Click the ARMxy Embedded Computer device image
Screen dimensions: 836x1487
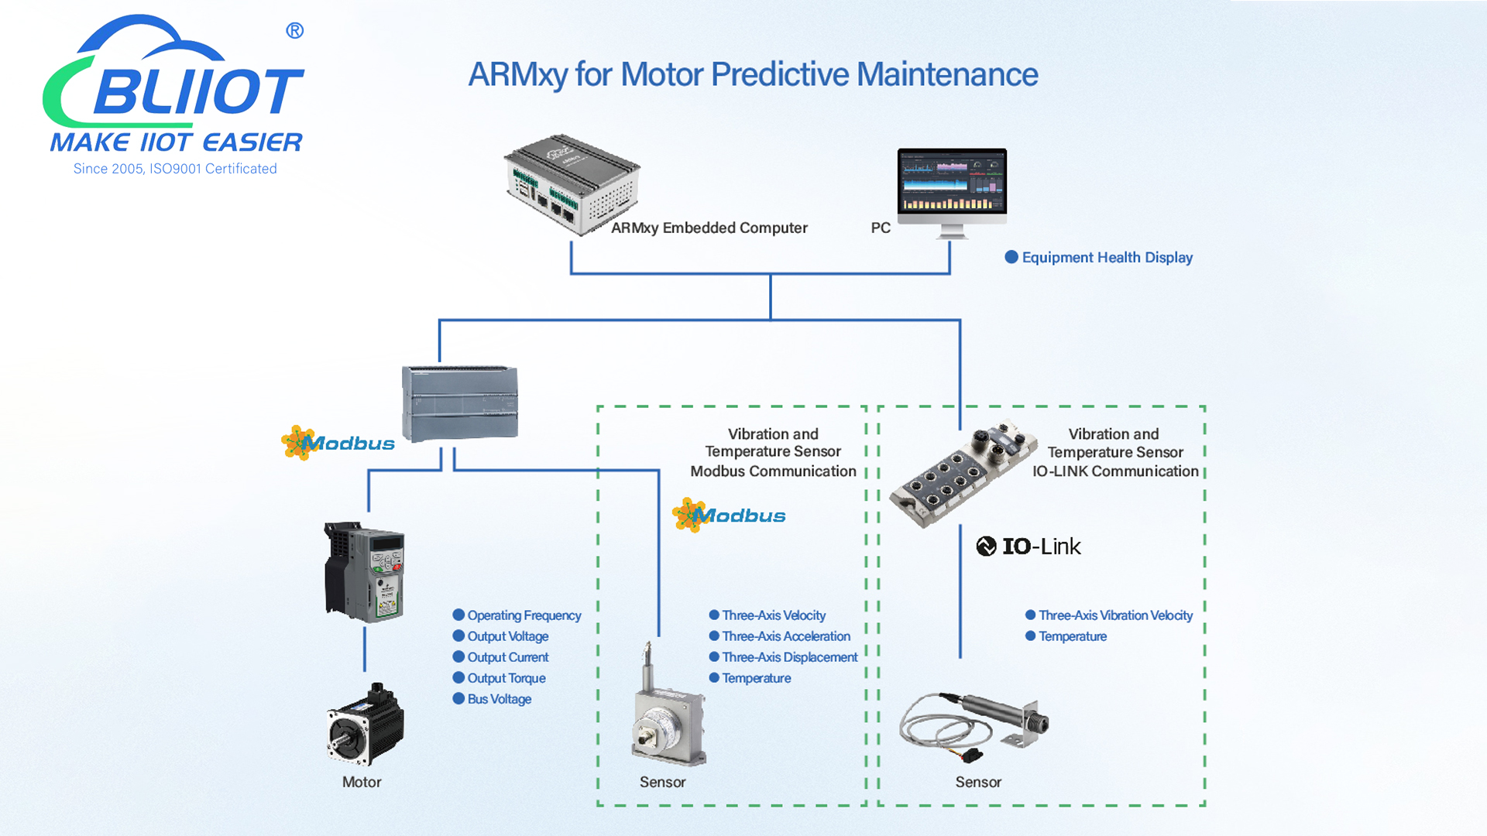(x=571, y=184)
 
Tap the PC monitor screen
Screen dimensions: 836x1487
(x=952, y=181)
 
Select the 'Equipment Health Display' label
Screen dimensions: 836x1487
(x=1106, y=258)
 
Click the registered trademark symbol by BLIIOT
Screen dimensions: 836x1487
(x=294, y=31)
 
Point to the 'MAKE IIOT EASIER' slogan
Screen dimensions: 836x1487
(x=176, y=142)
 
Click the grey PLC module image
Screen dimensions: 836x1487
(x=459, y=403)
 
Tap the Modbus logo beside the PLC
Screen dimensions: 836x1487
(x=338, y=444)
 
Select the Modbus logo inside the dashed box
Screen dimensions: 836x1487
(x=729, y=516)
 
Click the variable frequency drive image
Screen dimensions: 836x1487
(x=364, y=572)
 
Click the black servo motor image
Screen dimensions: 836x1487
(x=365, y=725)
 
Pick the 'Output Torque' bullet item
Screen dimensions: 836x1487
(x=506, y=678)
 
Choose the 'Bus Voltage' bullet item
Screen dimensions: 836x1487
(x=499, y=699)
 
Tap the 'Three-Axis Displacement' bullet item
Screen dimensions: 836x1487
(x=789, y=657)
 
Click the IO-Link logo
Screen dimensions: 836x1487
(x=1028, y=546)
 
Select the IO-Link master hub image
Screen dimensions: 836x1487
(x=963, y=473)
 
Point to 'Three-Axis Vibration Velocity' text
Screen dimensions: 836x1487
(x=1114, y=615)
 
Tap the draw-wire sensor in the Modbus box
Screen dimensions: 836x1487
(x=668, y=712)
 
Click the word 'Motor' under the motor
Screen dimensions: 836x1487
(x=362, y=782)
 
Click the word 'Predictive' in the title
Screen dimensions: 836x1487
(x=781, y=75)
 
